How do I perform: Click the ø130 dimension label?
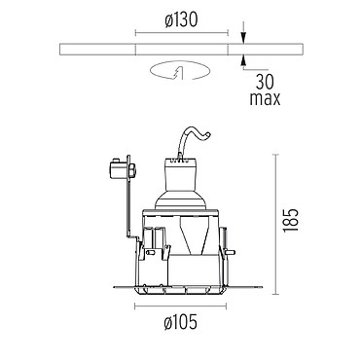(x=181, y=20)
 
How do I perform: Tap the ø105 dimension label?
(x=181, y=322)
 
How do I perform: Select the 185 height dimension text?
(x=290, y=220)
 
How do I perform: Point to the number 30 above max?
(x=265, y=82)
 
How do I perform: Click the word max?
(x=265, y=98)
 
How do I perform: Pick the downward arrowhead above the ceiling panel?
(x=243, y=38)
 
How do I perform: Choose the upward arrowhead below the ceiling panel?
(x=243, y=60)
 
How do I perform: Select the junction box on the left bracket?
(x=122, y=168)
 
